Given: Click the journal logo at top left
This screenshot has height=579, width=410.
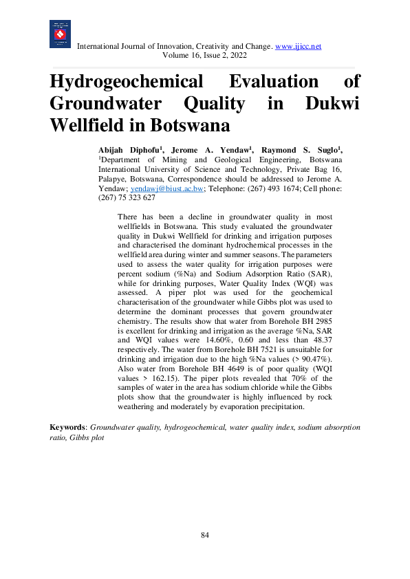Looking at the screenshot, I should coord(60,34).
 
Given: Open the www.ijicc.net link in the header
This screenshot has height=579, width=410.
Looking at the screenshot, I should coord(298,46).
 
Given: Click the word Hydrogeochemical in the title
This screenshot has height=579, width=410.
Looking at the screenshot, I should coord(127,82).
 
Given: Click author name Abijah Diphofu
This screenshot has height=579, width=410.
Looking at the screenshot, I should coord(129,149).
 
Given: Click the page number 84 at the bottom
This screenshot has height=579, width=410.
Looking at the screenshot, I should coord(204,535).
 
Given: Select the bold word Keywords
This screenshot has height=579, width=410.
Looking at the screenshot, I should coord(67,427).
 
